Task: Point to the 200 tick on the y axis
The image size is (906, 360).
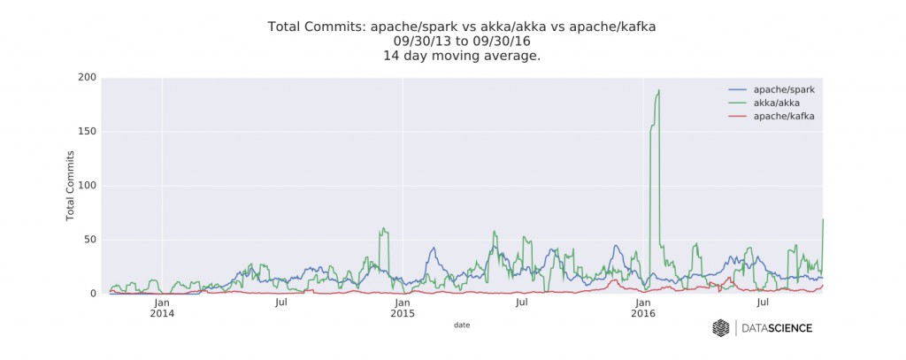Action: tap(86, 78)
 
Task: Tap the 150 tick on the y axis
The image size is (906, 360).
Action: tap(86, 132)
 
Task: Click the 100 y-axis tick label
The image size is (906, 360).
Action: tap(86, 186)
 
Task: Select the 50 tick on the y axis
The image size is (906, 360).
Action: tap(88, 240)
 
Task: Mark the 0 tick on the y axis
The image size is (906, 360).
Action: tap(91, 294)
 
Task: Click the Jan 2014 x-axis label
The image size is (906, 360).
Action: tap(162, 308)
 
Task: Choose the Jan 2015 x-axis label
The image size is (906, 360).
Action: tap(403, 308)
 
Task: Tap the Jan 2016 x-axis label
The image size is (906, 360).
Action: tap(643, 308)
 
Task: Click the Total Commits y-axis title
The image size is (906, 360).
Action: tap(70, 186)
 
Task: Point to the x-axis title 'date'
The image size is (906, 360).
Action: tap(461, 326)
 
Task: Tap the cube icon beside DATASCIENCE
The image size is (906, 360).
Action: tap(721, 328)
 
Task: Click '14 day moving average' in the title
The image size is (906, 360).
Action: tap(461, 55)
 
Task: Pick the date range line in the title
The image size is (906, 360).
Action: tap(461, 41)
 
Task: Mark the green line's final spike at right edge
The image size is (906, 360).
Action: tap(823, 220)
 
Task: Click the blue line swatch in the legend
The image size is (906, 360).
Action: tap(737, 90)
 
